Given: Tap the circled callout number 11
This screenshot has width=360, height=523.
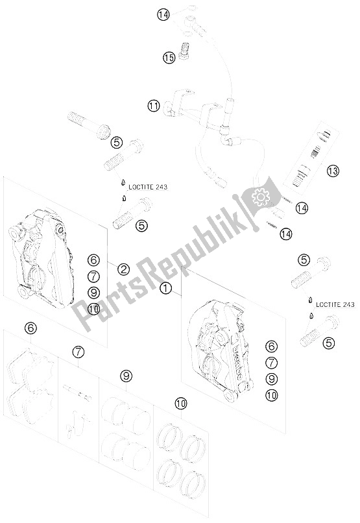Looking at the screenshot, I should click(153, 105).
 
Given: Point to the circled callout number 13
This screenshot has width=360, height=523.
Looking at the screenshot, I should click(333, 171).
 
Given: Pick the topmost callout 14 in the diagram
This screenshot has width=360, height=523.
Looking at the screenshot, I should click(162, 14).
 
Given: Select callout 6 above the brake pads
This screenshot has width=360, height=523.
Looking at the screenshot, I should click(30, 328).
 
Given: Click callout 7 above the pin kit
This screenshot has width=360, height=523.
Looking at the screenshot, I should click(78, 352).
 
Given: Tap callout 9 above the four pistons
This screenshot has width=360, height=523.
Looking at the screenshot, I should click(125, 376).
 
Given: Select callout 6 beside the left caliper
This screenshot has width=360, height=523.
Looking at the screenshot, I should click(93, 261).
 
